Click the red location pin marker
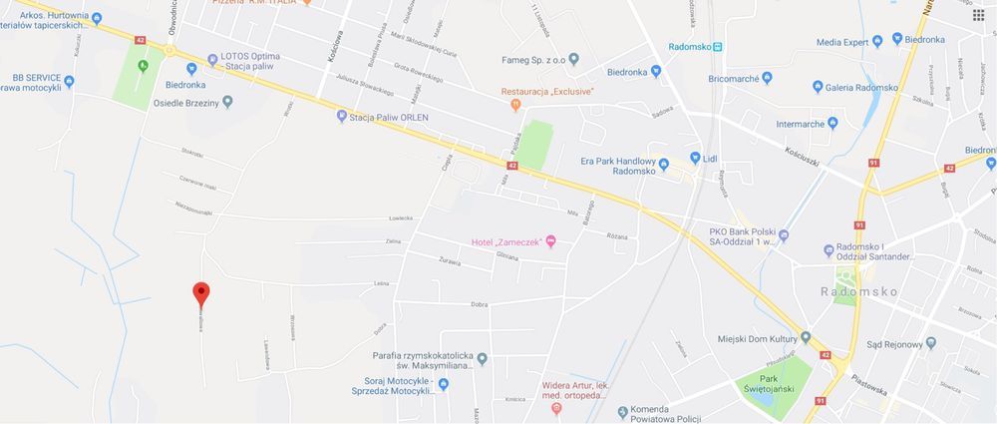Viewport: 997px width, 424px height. [200, 293]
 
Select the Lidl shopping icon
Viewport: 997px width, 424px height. [695, 159]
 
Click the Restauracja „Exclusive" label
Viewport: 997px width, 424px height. [547, 92]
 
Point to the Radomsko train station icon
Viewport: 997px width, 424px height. [718, 47]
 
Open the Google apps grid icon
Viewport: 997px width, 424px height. [979, 16]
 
